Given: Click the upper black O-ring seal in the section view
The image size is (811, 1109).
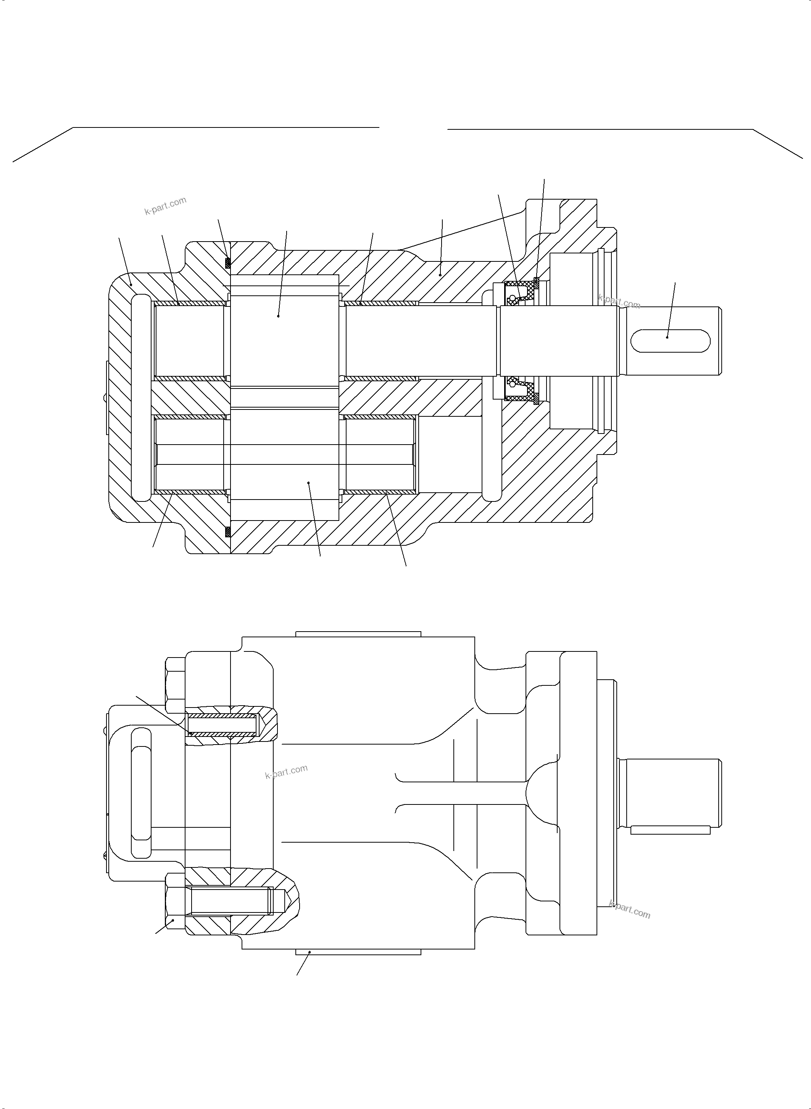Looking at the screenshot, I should (x=227, y=263).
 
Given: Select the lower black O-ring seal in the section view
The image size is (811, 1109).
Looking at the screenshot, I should (x=227, y=532).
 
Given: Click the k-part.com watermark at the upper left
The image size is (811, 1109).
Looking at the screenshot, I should (x=165, y=206).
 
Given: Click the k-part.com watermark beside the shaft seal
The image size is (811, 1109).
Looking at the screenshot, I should (x=619, y=301).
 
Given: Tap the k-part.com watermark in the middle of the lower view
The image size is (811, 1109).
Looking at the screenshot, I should (x=286, y=771).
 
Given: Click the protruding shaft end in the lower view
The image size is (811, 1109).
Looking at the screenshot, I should (x=670, y=792).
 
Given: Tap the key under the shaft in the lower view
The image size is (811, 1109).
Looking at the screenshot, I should (x=670, y=830).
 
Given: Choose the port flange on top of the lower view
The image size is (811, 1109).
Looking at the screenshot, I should (x=358, y=634).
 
